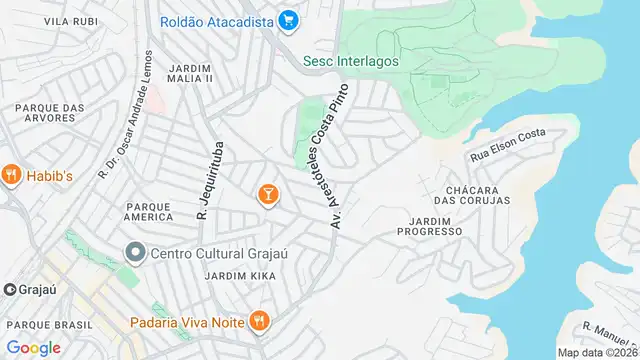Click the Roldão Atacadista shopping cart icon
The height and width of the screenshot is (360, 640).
tap(288, 19)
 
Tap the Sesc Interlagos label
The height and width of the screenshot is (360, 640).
tap(350, 60)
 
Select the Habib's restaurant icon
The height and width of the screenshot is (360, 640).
tap(12, 174)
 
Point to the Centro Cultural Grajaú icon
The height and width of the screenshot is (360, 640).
tap(135, 251)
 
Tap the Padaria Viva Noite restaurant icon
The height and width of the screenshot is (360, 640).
tap(259, 321)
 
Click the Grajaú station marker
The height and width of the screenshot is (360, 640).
tap(9, 289)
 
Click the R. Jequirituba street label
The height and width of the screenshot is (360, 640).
tap(207, 182)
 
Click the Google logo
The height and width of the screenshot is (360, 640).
tap(33, 347)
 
